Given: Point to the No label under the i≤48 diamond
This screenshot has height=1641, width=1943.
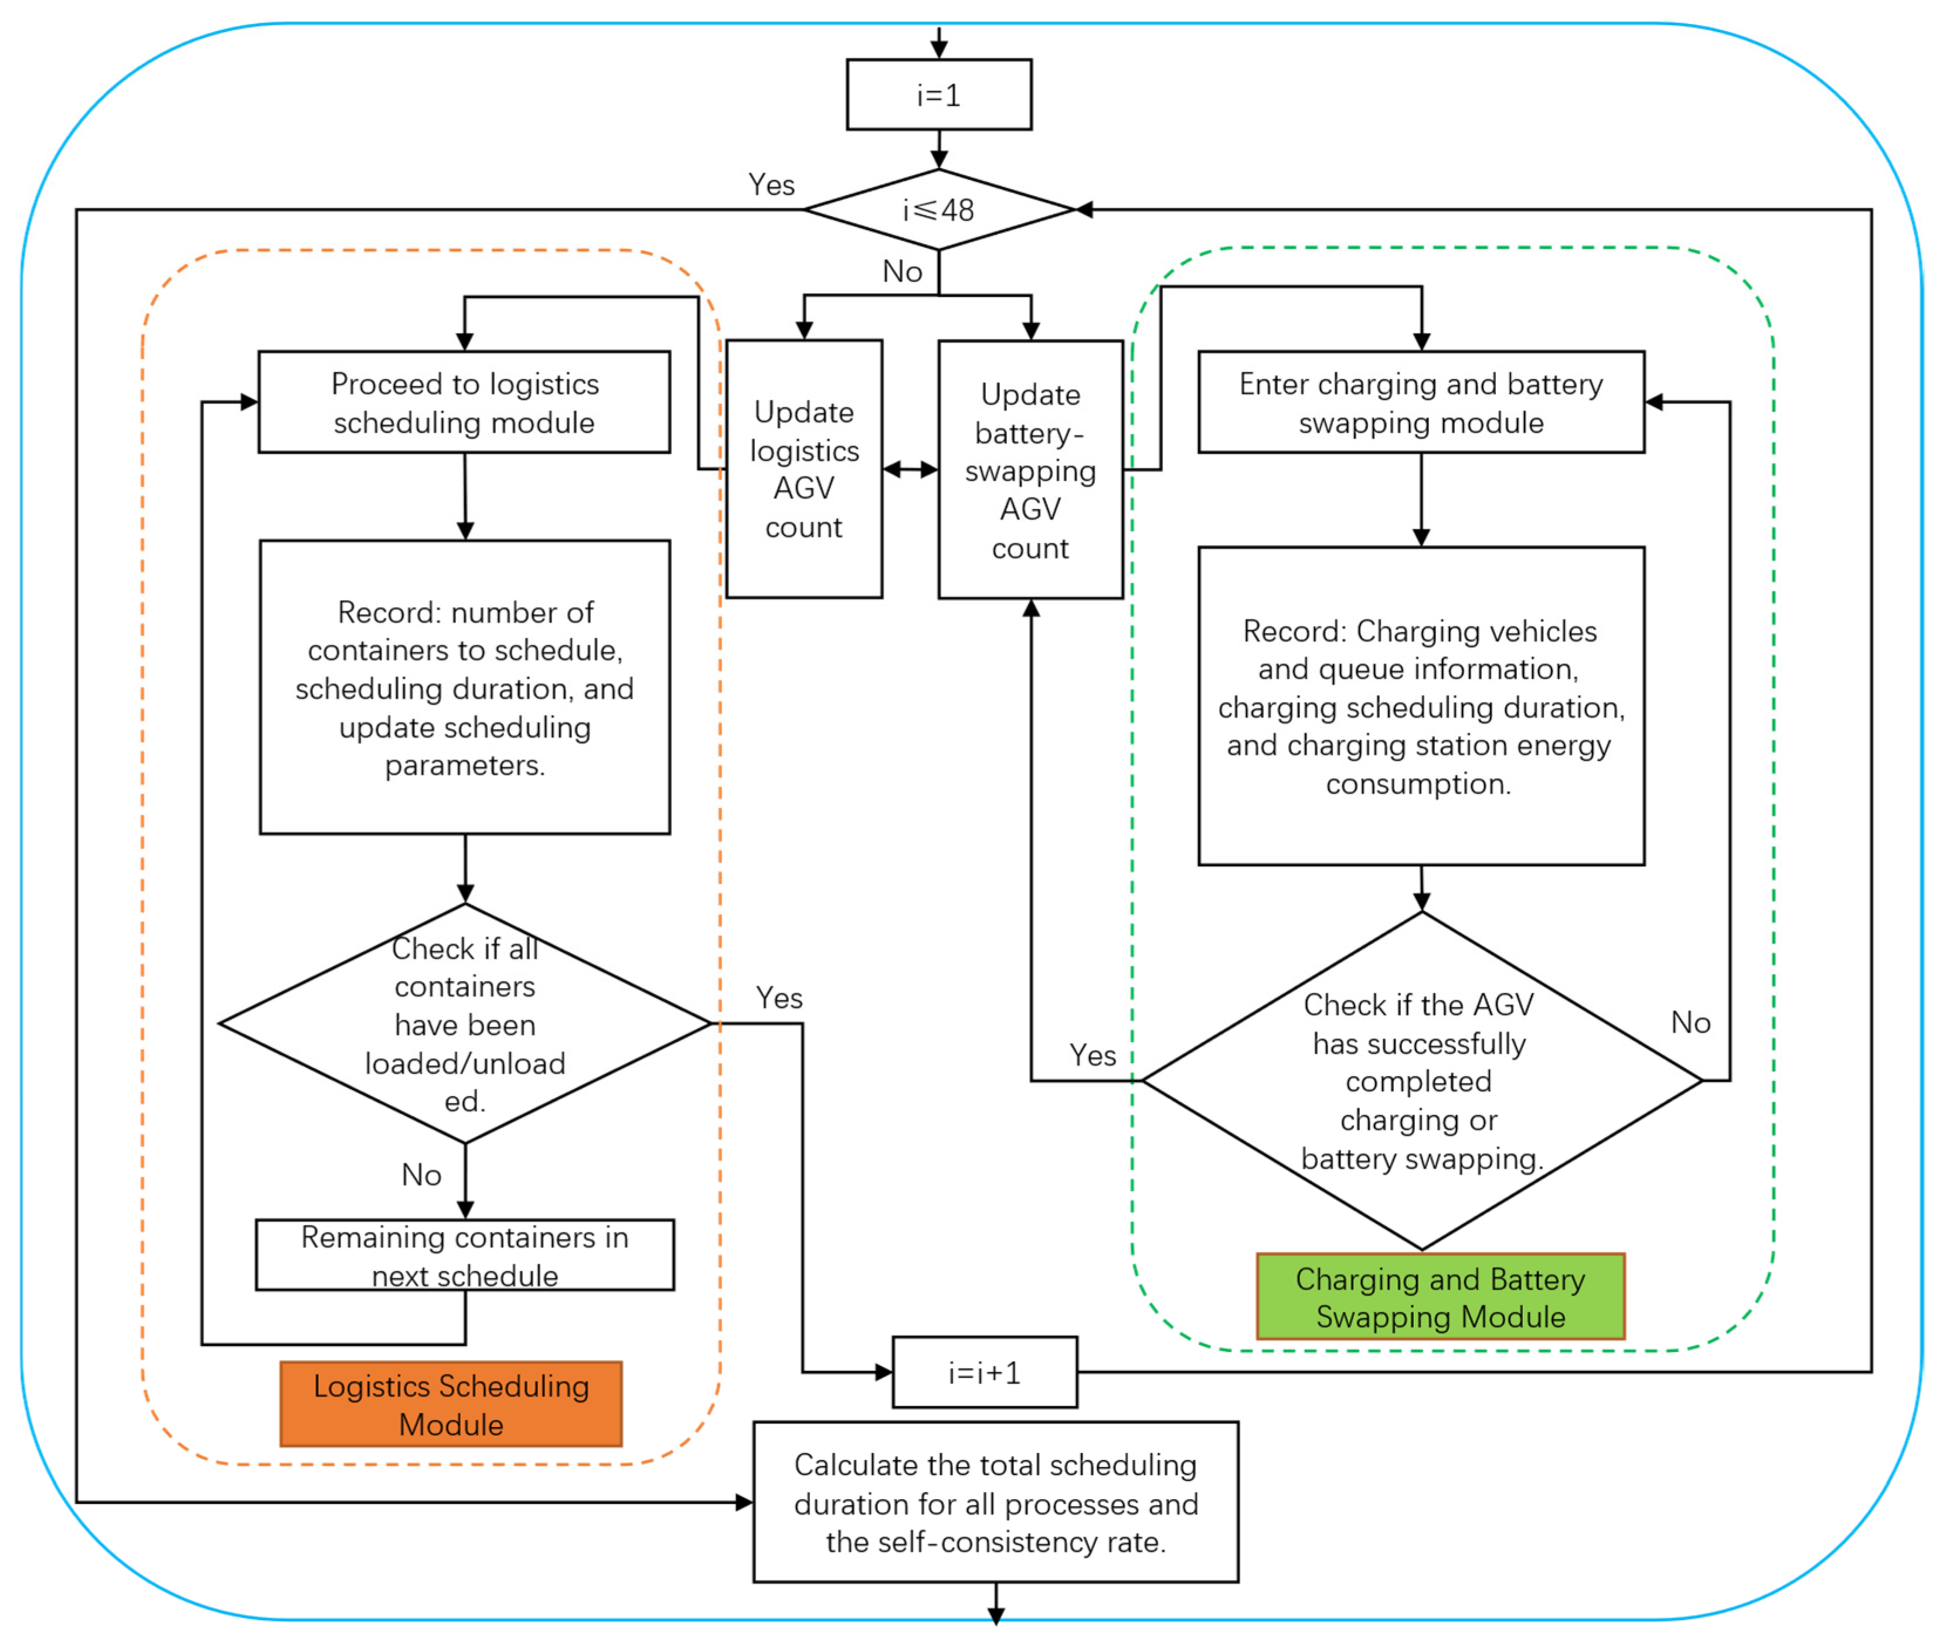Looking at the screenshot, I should [x=901, y=271].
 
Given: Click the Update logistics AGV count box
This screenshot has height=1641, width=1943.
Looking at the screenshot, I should [x=804, y=469].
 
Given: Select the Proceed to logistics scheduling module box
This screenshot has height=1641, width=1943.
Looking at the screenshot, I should [x=464, y=402].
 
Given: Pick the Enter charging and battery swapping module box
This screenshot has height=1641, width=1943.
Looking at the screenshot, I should [x=1420, y=402].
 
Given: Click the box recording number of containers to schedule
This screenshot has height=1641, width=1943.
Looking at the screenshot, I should [x=464, y=687].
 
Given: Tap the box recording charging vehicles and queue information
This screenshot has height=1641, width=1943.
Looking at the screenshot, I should [x=1420, y=706].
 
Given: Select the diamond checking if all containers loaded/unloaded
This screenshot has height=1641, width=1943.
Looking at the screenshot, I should [x=464, y=1023].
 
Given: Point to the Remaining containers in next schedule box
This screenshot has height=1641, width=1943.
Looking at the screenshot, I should [x=464, y=1255].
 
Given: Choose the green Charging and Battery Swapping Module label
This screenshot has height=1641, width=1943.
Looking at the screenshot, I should [x=1440, y=1297].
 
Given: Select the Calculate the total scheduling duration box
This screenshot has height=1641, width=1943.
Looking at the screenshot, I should [x=995, y=1502].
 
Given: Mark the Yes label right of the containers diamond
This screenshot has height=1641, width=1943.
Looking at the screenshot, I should [x=778, y=998].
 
